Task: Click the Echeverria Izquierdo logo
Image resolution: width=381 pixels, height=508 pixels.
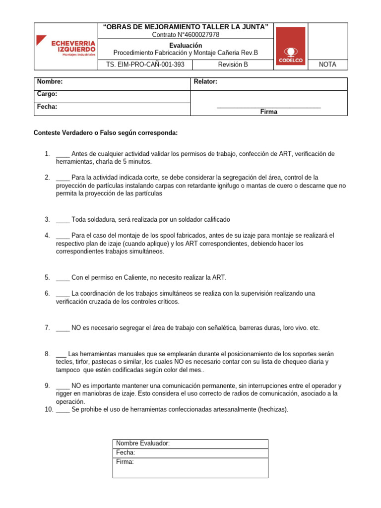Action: tap(66, 46)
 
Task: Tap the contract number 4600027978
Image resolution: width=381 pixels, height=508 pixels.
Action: tap(185, 35)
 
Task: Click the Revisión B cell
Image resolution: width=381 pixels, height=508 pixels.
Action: tap(233, 64)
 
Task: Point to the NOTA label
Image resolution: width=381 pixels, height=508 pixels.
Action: tap(327, 64)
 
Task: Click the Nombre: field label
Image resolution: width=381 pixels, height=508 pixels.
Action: tap(50, 81)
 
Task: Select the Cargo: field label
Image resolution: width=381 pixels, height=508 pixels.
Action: tap(47, 94)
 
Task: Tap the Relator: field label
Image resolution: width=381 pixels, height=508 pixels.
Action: tap(205, 81)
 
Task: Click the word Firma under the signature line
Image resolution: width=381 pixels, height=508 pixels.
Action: tap(269, 112)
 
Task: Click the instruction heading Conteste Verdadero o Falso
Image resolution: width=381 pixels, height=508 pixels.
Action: tap(105, 133)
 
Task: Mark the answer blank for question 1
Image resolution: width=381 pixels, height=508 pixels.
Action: tap(63, 154)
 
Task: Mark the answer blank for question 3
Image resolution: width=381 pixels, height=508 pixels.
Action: tap(63, 219)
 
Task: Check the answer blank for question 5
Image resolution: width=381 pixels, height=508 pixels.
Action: tap(63, 277)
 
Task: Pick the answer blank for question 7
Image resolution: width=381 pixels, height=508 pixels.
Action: tap(63, 327)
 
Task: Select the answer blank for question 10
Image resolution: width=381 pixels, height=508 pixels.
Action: tap(63, 409)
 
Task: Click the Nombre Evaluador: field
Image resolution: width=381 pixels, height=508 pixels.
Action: tap(143, 444)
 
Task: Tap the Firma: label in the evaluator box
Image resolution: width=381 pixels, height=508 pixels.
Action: tap(125, 462)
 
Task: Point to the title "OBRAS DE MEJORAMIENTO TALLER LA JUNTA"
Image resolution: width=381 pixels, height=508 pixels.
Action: tap(185, 26)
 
